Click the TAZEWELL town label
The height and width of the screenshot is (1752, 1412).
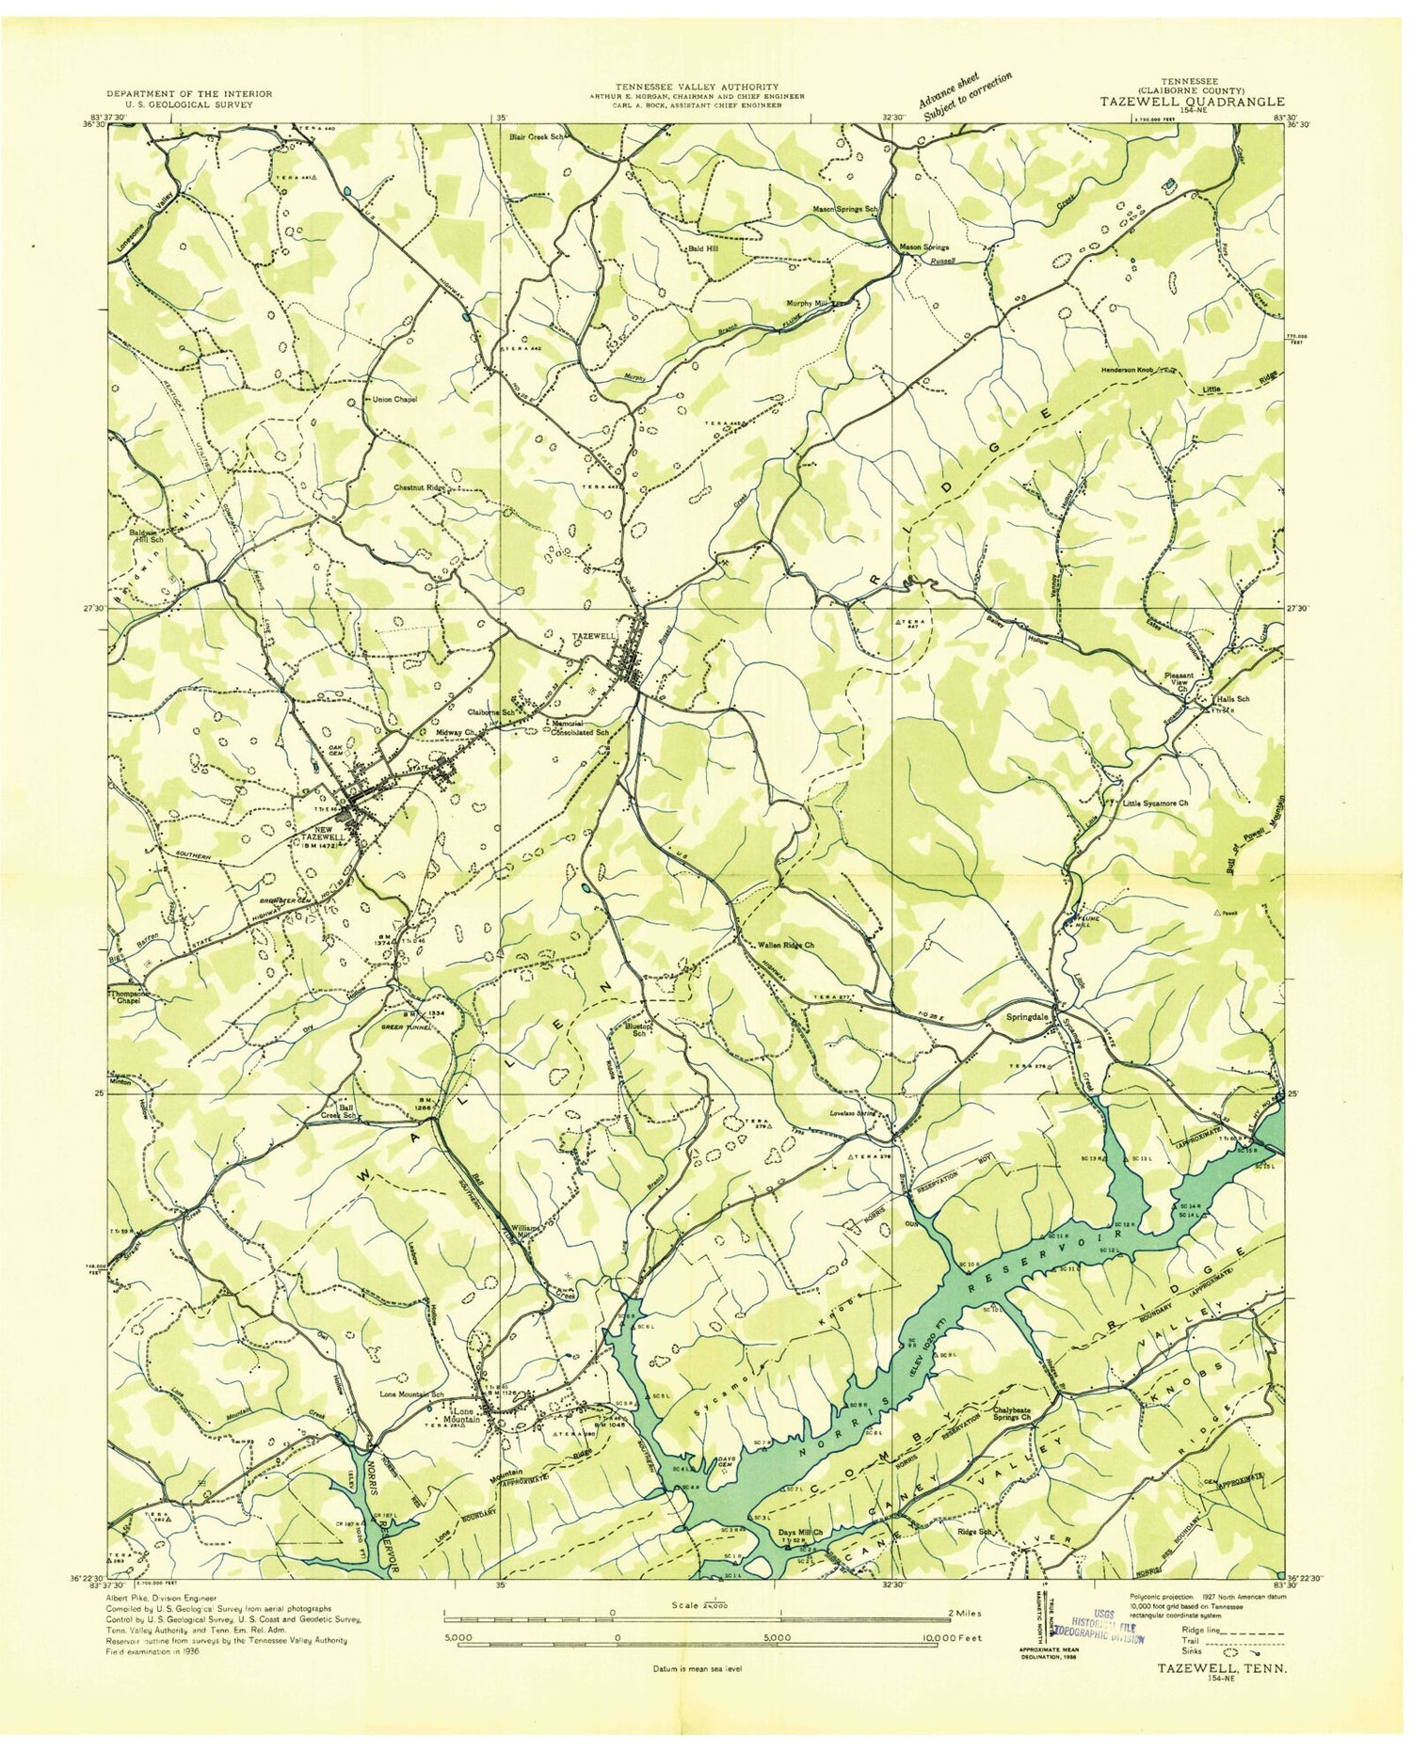594,637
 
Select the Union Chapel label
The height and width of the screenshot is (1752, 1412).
394,399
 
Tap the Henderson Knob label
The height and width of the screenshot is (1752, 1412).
1134,370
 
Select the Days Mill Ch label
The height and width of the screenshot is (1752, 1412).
800,1532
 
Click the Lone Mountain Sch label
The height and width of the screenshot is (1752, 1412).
410,1394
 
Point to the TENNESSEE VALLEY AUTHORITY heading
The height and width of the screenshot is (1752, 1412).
697,87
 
